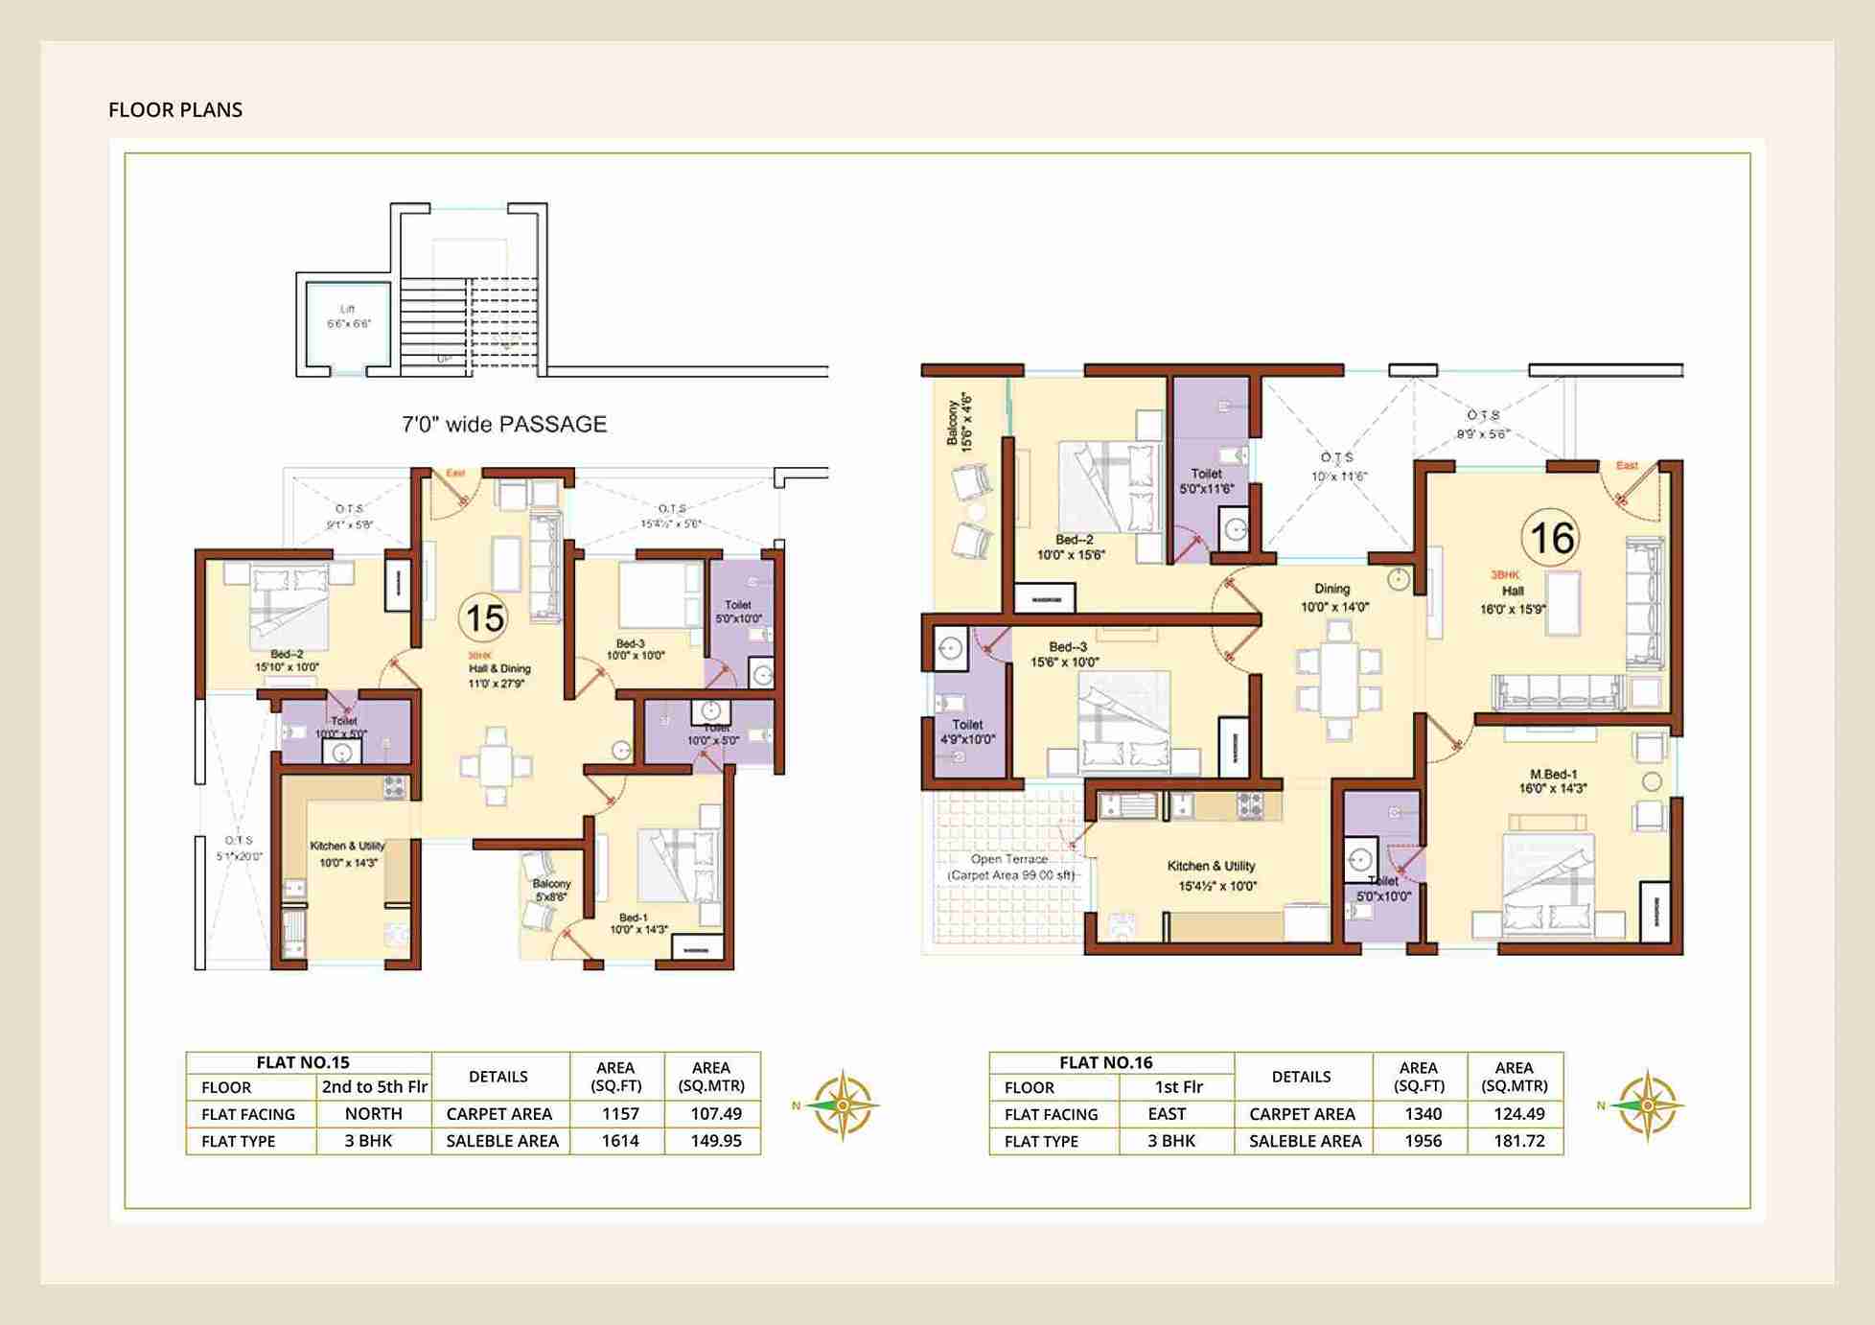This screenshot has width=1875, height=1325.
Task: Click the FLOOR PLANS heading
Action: click(x=175, y=110)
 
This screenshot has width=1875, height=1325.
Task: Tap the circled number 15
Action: click(x=483, y=617)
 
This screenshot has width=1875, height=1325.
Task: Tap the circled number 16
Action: click(x=1551, y=538)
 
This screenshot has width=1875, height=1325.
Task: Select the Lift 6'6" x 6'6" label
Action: click(x=348, y=316)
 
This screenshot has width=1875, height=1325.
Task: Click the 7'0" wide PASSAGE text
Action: click(x=504, y=425)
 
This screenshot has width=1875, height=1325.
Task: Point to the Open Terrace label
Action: click(x=1009, y=867)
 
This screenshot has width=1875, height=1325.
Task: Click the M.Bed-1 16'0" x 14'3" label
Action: click(x=1553, y=781)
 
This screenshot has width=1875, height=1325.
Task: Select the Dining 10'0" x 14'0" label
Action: click(x=1333, y=597)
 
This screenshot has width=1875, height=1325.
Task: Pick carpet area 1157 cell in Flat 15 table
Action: click(x=619, y=1114)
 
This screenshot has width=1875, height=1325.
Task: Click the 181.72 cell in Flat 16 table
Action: click(x=1518, y=1141)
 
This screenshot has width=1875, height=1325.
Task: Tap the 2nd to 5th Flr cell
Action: click(x=374, y=1087)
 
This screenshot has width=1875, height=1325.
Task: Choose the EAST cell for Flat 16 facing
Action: click(x=1166, y=1114)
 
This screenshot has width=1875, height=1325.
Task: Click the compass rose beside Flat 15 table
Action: click(x=841, y=1105)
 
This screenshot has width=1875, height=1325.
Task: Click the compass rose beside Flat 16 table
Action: click(x=1645, y=1105)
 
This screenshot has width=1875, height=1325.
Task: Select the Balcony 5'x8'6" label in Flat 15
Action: click(x=551, y=890)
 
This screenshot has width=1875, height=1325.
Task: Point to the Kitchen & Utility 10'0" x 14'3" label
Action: click(x=347, y=854)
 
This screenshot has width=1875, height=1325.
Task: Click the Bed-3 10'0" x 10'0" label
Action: click(x=635, y=650)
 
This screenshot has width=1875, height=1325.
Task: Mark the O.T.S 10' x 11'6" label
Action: click(x=1337, y=467)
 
